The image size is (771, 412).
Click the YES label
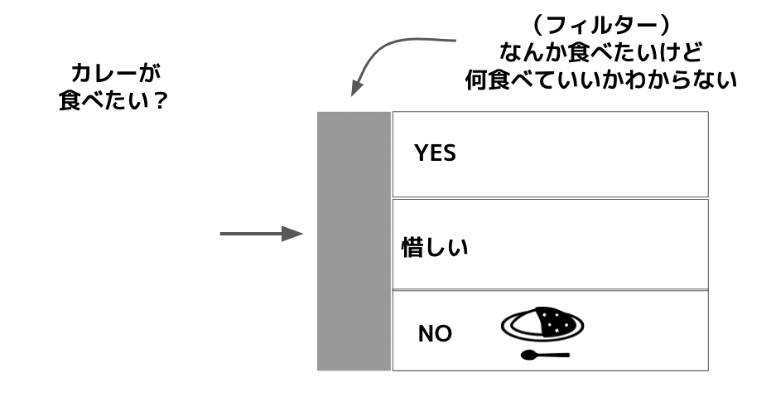(x=435, y=153)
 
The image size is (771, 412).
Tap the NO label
(x=435, y=334)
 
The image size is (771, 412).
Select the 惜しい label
(x=435, y=248)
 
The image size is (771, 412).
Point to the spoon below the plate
(x=544, y=356)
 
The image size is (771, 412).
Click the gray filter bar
(x=354, y=240)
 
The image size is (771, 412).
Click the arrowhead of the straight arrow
(x=292, y=235)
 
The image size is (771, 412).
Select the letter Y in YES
(x=421, y=153)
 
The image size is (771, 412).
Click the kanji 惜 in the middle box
(x=412, y=248)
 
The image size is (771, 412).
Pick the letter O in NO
(x=444, y=334)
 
